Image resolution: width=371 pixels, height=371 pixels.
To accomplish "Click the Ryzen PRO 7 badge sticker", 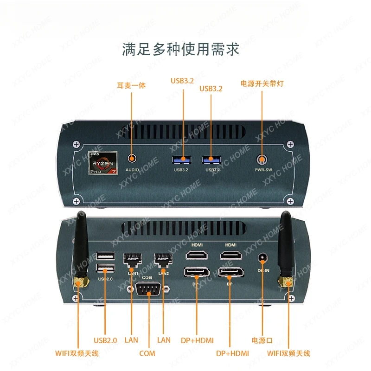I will pos(103,161).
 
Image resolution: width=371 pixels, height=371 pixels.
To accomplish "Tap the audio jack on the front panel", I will pos(133,159).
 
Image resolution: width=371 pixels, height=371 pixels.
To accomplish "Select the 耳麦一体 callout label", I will pos(131,85).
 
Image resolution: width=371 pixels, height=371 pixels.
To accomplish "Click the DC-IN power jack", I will pos(263,257).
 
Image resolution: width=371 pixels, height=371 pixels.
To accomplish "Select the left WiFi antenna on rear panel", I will pos(82,250).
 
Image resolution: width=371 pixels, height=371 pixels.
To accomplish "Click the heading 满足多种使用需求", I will pos(181,49).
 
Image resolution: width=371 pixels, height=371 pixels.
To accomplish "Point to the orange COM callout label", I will pos(147,353).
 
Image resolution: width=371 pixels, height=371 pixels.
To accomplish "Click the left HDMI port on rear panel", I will pos(196,255).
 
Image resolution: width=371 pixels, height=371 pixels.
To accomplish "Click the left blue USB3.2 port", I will pos(182,160).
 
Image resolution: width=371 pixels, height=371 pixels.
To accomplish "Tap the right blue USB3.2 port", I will pos(211,160).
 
